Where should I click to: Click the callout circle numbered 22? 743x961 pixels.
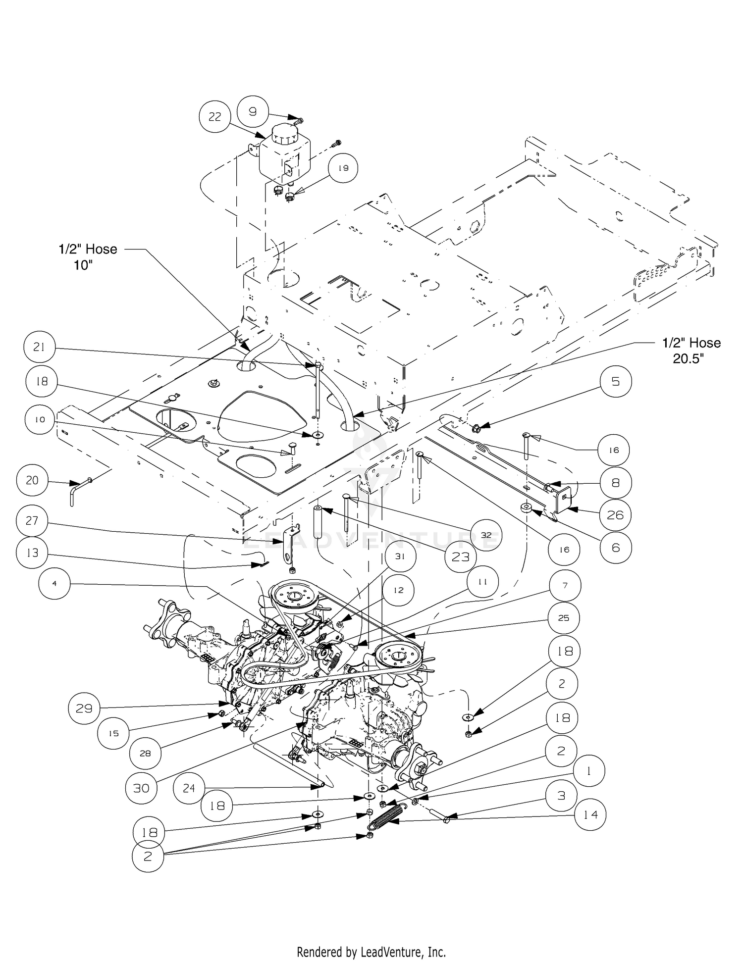(x=214, y=116)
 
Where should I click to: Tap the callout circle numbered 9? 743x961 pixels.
(x=253, y=111)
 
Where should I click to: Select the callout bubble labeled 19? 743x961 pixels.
(x=343, y=168)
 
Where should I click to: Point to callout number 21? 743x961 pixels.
(x=39, y=347)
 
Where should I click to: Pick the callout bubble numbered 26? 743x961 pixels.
(x=615, y=515)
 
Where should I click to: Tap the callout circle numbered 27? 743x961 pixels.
(x=32, y=520)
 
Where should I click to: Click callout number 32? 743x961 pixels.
(x=486, y=535)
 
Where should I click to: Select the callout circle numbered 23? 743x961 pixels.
(x=461, y=557)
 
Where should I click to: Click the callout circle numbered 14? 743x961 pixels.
(x=590, y=814)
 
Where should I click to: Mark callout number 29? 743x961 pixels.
(x=84, y=708)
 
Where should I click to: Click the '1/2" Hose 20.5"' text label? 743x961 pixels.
(x=691, y=351)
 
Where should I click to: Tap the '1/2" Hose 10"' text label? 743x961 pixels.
(x=88, y=257)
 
